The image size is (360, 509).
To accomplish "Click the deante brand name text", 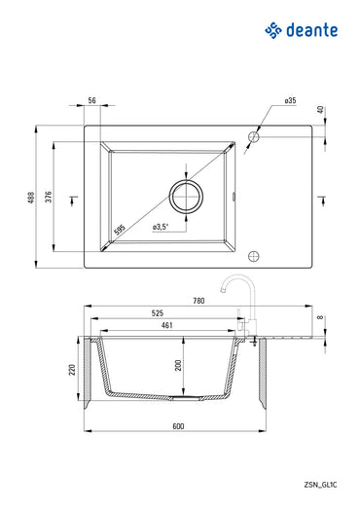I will click(311, 31).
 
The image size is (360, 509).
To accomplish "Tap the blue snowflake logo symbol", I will click(273, 31).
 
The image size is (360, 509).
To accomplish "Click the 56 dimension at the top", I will click(92, 101).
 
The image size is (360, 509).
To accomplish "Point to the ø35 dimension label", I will click(290, 101).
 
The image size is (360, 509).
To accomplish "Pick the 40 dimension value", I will click(322, 109).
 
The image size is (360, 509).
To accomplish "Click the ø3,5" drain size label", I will click(162, 227).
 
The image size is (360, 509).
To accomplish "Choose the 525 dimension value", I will click(157, 313).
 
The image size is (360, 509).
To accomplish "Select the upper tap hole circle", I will click(254, 136).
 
